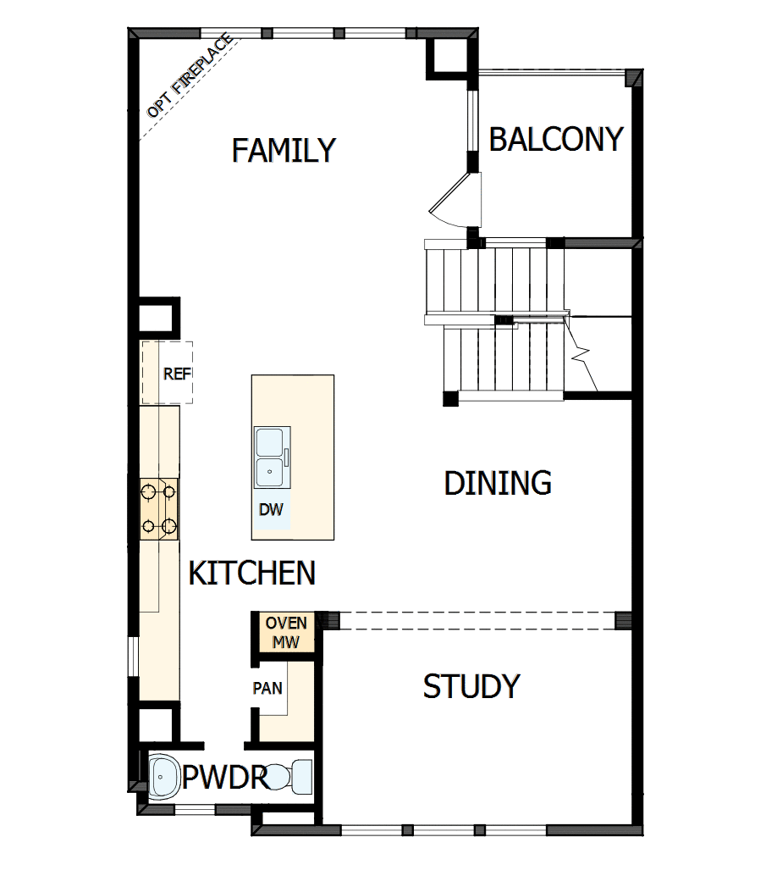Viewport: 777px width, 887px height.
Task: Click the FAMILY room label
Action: click(x=284, y=151)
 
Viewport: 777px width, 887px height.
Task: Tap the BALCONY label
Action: click(x=556, y=139)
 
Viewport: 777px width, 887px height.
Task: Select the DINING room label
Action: click(x=498, y=483)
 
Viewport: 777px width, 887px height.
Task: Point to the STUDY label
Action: click(x=471, y=686)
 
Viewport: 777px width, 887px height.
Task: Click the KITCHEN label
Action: click(x=251, y=574)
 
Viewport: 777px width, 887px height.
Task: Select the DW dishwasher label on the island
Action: click(x=271, y=510)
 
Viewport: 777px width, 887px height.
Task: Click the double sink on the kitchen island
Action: click(x=271, y=457)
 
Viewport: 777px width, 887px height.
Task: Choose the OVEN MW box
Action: click(x=286, y=632)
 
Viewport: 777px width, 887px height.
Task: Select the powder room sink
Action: click(x=162, y=773)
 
